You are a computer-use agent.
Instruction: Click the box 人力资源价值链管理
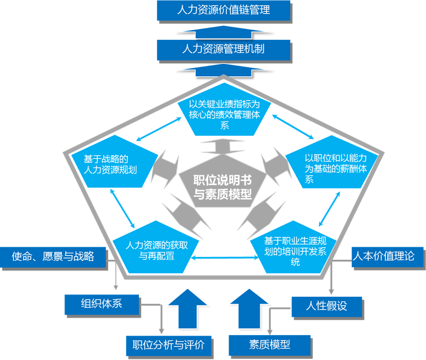pyautogui.click(x=224, y=10)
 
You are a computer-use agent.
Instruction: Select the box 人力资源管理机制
pyautogui.click(x=224, y=49)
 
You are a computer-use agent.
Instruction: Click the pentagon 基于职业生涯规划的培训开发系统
pyautogui.click(x=295, y=250)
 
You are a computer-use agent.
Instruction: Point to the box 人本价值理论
pyautogui.click(x=383, y=256)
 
